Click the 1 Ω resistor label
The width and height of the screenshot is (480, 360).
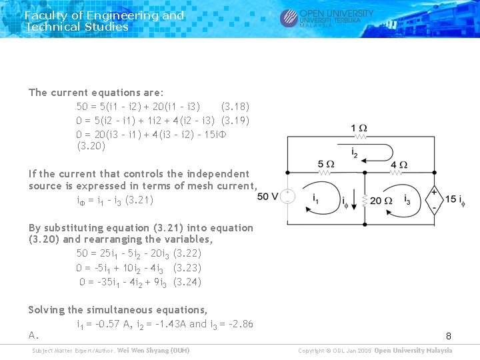[x=359, y=128]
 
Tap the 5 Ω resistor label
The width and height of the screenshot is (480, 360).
[x=326, y=165]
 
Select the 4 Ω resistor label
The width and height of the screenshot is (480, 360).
[x=399, y=165]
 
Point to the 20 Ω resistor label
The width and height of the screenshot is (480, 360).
[x=381, y=200]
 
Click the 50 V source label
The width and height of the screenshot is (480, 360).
[x=267, y=196]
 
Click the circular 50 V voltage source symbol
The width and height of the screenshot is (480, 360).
[x=287, y=197]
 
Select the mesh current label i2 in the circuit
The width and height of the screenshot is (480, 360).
[x=355, y=153]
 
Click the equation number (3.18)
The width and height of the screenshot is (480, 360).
[x=235, y=107]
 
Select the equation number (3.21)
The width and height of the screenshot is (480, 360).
[x=139, y=200]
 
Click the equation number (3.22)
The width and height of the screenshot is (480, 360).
[x=187, y=253]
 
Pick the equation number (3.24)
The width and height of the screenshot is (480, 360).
[x=187, y=282]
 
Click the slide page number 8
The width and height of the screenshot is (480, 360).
[x=449, y=335]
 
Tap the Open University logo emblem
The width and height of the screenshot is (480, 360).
[x=289, y=18]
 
